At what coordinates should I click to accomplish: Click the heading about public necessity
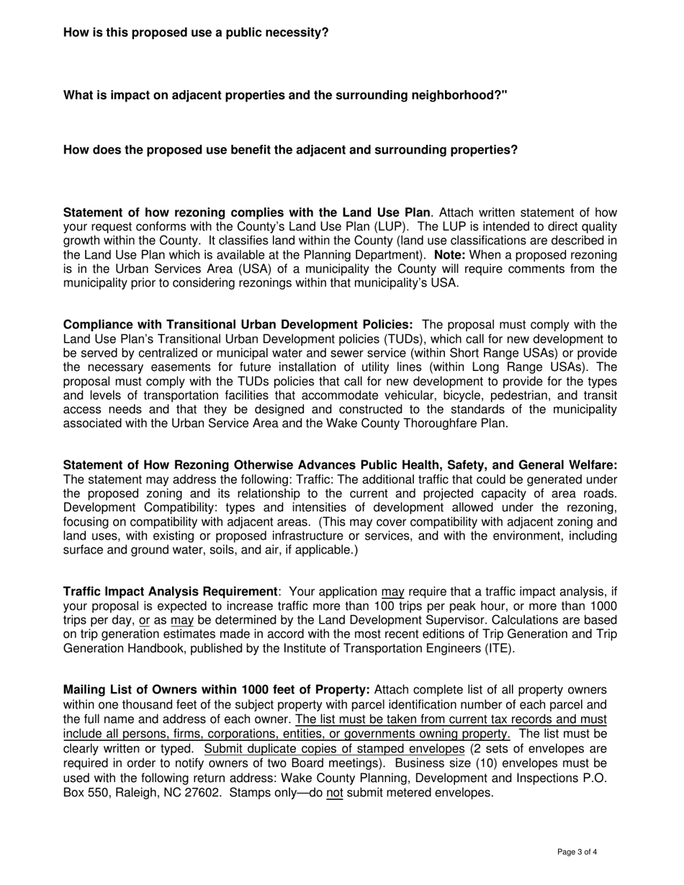click(x=196, y=32)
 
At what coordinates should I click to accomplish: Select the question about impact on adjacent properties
click(x=285, y=95)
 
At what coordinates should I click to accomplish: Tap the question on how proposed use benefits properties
click(x=290, y=150)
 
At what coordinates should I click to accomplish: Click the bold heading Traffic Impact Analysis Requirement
click(x=171, y=592)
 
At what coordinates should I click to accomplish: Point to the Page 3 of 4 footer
click(x=577, y=852)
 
